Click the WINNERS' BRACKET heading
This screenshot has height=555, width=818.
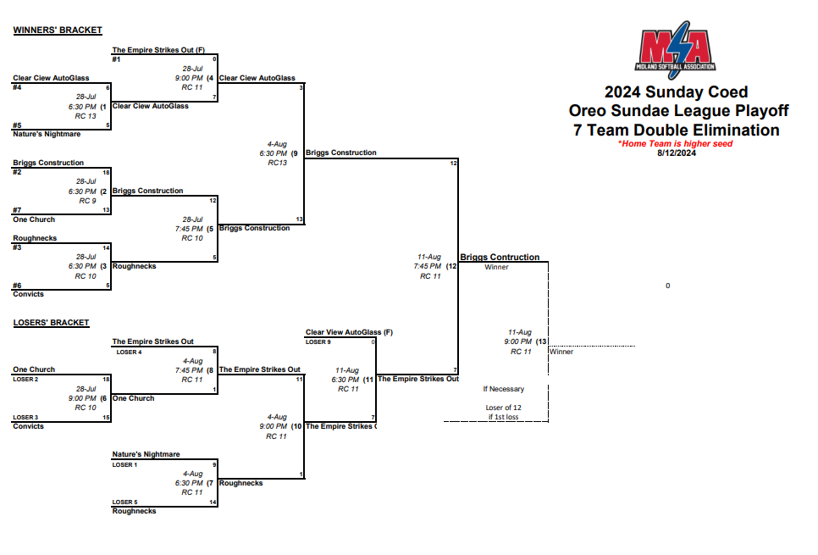pyautogui.click(x=58, y=31)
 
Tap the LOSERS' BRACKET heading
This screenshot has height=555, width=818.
pyautogui.click(x=52, y=323)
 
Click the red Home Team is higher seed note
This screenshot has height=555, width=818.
pyautogui.click(x=675, y=144)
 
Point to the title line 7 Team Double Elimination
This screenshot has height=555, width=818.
pyautogui.click(x=676, y=130)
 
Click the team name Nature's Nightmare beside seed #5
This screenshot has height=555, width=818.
pyautogui.click(x=47, y=134)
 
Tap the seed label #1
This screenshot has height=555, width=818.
pyautogui.click(x=117, y=59)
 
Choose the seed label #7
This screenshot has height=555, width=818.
pyautogui.click(x=17, y=209)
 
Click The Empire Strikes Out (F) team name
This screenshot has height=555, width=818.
pyautogui.click(x=158, y=50)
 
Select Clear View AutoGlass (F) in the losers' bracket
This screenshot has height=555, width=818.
pyautogui.click(x=349, y=332)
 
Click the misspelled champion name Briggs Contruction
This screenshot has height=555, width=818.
pyautogui.click(x=500, y=257)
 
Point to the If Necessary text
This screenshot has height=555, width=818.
pyautogui.click(x=503, y=389)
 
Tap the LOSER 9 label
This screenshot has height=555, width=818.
pyautogui.click(x=318, y=341)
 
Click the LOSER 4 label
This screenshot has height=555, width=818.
pyautogui.click(x=129, y=352)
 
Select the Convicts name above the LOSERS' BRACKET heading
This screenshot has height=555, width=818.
pyautogui.click(x=28, y=294)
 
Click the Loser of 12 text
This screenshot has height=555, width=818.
pyautogui.click(x=503, y=408)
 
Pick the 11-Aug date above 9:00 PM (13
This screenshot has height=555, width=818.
pyautogui.click(x=519, y=332)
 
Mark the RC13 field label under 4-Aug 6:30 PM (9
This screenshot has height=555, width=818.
pyautogui.click(x=278, y=163)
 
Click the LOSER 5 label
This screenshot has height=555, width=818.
pyautogui.click(x=125, y=502)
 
